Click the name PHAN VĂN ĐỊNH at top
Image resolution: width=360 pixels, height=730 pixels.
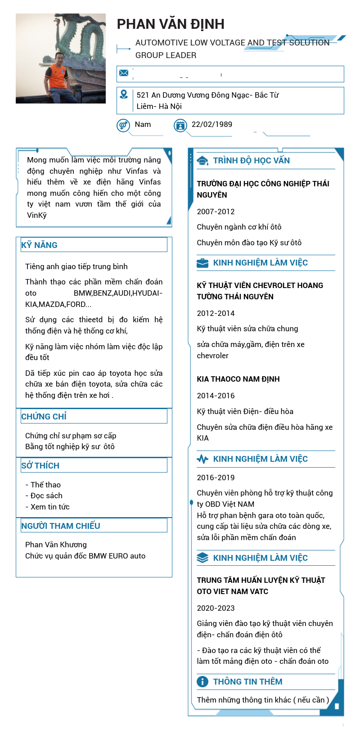pos(171,24)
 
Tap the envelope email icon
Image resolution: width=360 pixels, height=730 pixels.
pos(124,73)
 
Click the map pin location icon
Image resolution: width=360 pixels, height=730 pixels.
pos(124,94)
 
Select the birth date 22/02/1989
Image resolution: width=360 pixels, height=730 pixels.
pos(212,124)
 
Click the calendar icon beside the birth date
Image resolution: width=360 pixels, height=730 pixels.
pos(180,125)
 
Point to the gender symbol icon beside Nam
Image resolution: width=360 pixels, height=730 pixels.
pos(123,125)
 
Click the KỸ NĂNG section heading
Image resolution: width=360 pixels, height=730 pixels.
pos(40,245)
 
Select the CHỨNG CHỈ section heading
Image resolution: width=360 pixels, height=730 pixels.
pos(44,417)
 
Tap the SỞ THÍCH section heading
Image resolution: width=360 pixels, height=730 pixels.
pos(40,466)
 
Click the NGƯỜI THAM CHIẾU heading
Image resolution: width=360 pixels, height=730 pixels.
pos(61,526)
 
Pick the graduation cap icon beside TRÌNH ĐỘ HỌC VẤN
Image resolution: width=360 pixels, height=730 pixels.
pos(202,161)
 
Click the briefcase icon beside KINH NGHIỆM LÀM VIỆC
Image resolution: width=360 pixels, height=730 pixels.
pos(202,263)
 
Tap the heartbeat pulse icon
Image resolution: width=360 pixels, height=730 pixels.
pos(202,459)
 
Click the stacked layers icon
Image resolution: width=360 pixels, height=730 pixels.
pos(202,558)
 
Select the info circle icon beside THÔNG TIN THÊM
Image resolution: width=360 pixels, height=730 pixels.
pos(202,681)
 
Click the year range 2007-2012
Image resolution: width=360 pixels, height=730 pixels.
pos(216,212)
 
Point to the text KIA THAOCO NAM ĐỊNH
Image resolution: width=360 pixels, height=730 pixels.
pos(238,379)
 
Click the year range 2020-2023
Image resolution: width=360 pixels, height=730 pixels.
pos(216,608)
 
